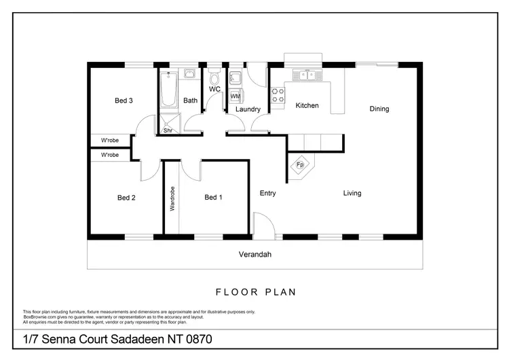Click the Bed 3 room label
point(124,101)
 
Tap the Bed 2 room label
point(127,198)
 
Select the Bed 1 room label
point(214,198)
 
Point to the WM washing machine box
point(235,96)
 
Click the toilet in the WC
point(214,77)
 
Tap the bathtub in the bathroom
point(168,91)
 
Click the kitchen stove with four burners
point(278,96)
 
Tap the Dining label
point(379,109)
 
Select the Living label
point(352,194)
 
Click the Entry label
point(268,194)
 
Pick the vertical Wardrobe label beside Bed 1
point(172,198)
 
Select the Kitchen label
point(307,106)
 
